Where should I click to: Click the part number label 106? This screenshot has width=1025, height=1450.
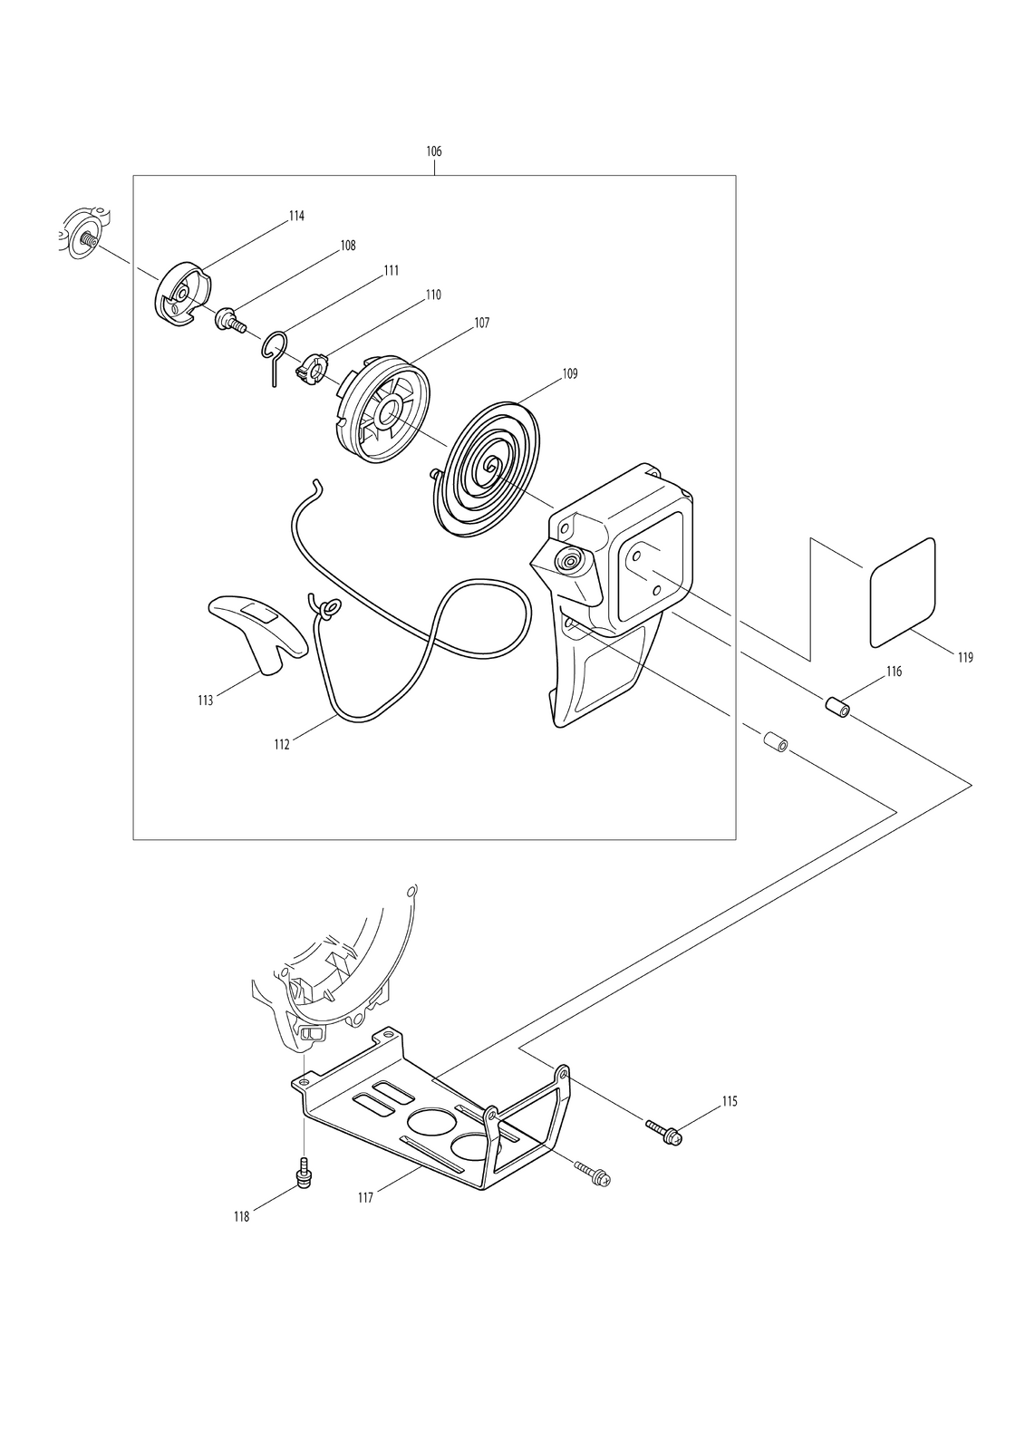(433, 151)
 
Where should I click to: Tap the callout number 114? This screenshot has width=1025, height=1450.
(296, 217)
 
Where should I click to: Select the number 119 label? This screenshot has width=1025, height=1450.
(965, 658)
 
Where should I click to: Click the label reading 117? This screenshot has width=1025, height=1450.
(365, 1198)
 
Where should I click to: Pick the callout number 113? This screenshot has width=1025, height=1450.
(205, 701)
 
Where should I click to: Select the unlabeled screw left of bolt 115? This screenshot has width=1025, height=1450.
(593, 1174)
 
